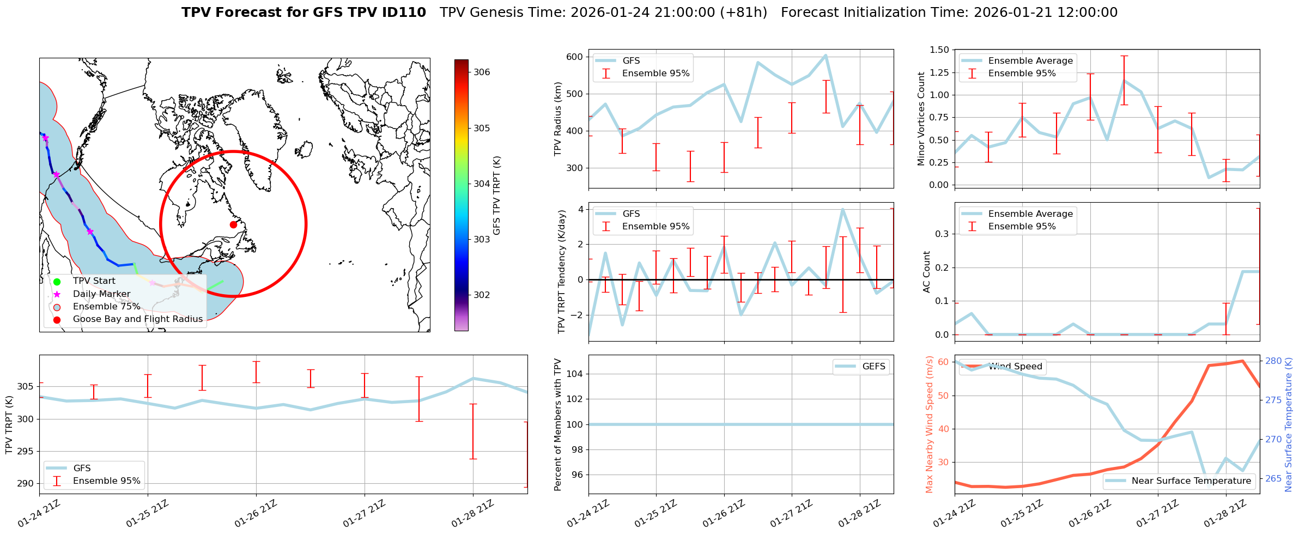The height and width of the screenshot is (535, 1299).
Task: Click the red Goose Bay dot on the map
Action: click(233, 224)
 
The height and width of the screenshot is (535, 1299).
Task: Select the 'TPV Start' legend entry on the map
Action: click(94, 281)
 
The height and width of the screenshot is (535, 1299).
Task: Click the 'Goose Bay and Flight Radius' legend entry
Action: click(137, 319)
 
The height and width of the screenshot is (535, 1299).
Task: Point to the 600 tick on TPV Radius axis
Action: click(574, 57)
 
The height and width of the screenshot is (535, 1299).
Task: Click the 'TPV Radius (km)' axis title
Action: click(558, 119)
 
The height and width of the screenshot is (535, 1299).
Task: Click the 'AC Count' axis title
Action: click(927, 272)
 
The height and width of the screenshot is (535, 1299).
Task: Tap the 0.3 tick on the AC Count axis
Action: click(941, 234)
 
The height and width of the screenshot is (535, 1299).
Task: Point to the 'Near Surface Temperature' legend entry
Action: click(1191, 481)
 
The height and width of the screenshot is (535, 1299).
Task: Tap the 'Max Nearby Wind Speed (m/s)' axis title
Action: click(929, 424)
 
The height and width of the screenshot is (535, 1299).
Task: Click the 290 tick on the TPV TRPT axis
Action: click(25, 483)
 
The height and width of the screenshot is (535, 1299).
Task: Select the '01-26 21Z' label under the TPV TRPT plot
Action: click(256, 514)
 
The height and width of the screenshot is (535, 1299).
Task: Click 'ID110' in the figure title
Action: click(404, 13)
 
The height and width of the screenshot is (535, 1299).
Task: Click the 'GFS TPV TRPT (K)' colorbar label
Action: click(496, 195)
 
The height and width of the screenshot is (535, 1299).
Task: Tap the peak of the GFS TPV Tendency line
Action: click(843, 209)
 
